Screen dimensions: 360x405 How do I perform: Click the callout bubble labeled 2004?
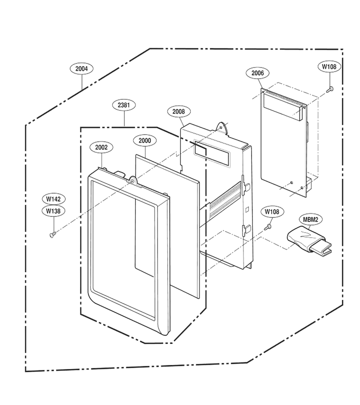tap(81, 69)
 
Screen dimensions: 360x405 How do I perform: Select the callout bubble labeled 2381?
tap(124, 105)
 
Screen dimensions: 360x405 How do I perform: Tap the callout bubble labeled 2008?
tap(179, 111)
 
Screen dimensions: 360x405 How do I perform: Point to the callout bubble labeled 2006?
tap(258, 73)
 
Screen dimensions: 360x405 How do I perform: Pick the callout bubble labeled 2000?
tap(145, 141)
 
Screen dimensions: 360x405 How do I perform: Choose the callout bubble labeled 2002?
tap(101, 147)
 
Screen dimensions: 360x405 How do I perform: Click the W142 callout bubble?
tap(54, 199)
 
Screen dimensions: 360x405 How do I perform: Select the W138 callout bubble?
tap(54, 211)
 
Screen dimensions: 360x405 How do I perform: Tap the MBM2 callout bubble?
tap(310, 220)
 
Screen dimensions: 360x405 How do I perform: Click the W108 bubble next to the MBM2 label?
tap(272, 212)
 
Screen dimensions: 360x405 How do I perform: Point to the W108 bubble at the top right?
tap(329, 67)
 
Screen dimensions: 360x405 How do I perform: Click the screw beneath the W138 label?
tap(52, 234)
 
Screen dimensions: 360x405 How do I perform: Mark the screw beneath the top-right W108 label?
tap(330, 90)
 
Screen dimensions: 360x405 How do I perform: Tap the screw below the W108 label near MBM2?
tap(268, 227)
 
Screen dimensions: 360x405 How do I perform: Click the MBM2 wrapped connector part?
tap(309, 240)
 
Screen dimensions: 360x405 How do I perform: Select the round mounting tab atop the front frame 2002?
tap(133, 180)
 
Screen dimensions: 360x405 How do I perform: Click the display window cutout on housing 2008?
tap(212, 154)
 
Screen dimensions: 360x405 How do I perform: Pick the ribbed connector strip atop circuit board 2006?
tap(284, 97)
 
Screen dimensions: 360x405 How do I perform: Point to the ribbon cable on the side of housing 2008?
tap(225, 199)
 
